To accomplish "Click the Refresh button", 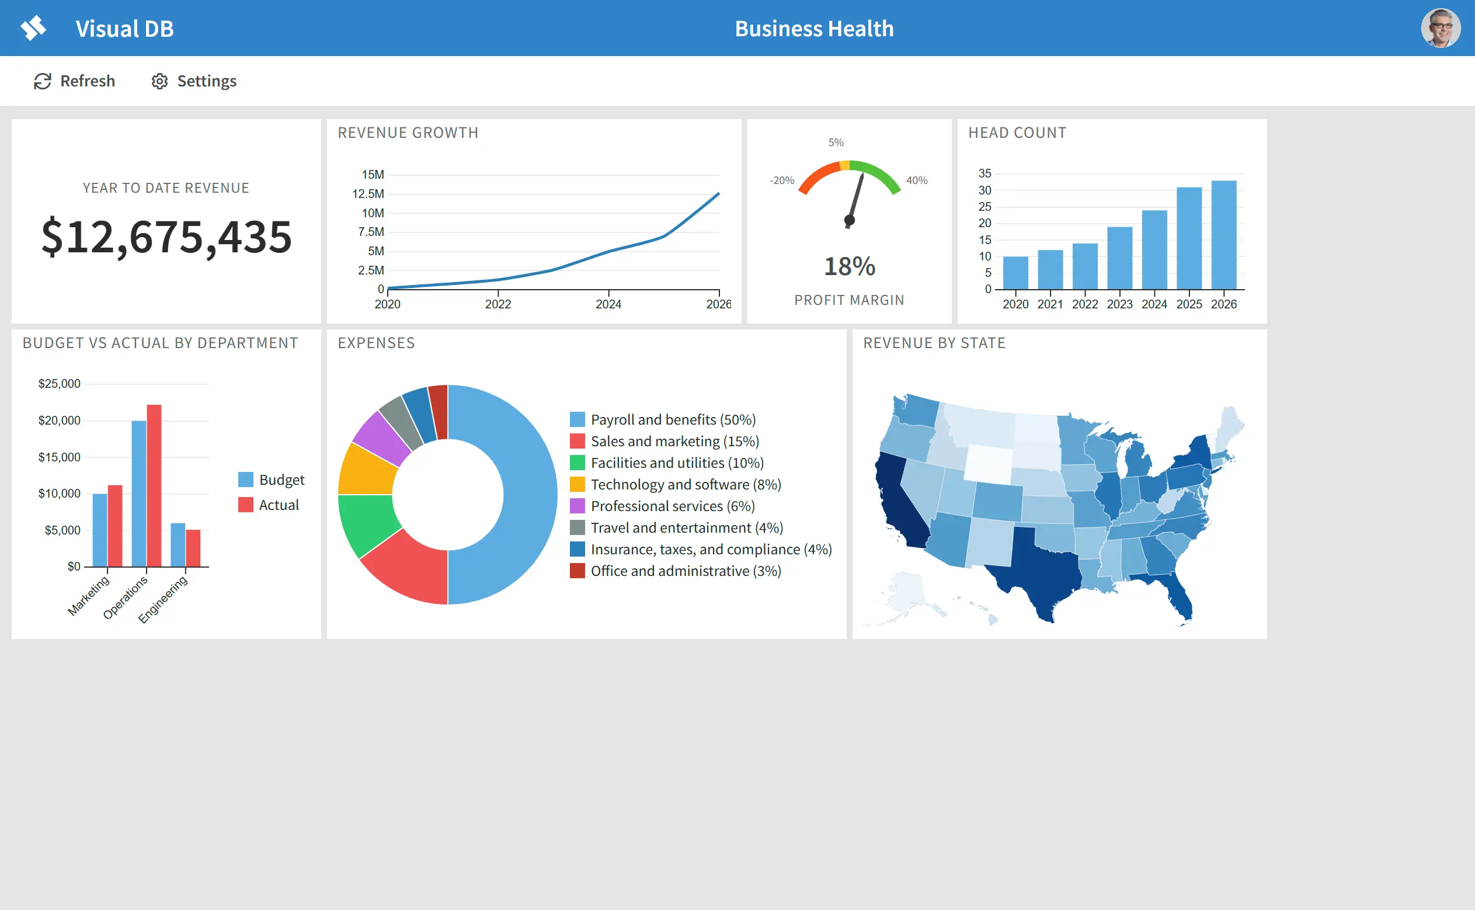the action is coord(74,81).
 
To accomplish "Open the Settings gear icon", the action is coord(159,81).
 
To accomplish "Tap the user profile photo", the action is coord(1441,28).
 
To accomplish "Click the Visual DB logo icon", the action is coord(34,28).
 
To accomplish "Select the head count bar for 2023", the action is coord(1119,258).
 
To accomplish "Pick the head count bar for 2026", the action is coord(1223,235).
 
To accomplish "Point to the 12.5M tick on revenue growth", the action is coord(368,194).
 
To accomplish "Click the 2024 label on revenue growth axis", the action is coord(608,304).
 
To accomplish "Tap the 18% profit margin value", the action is coord(850,266).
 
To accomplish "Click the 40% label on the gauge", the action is coord(917,180).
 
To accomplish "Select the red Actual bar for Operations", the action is coord(154,486).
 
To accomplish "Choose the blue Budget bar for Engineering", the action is coord(178,546).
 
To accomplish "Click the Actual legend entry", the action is coord(268,505).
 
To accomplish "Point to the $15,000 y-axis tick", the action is coord(60,457).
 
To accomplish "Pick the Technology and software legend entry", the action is coord(676,484).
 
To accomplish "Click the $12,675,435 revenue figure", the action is coord(166,237).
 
